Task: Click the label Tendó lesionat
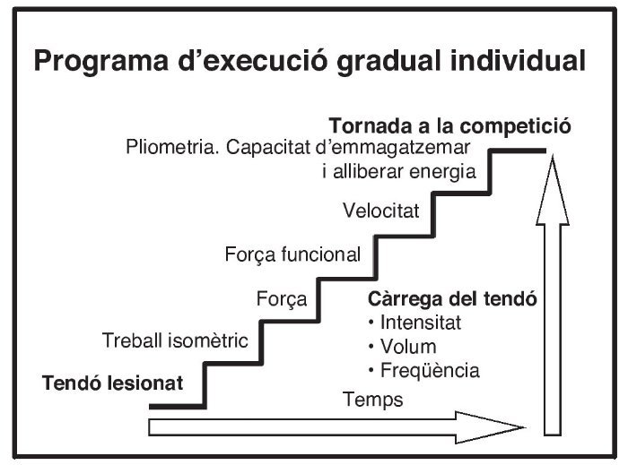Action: tap(113, 383)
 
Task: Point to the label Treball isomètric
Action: tap(175, 341)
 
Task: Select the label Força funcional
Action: tap(292, 254)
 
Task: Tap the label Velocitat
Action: tap(381, 211)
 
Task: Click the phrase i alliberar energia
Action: tap(398, 172)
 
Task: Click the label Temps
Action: tap(373, 400)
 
